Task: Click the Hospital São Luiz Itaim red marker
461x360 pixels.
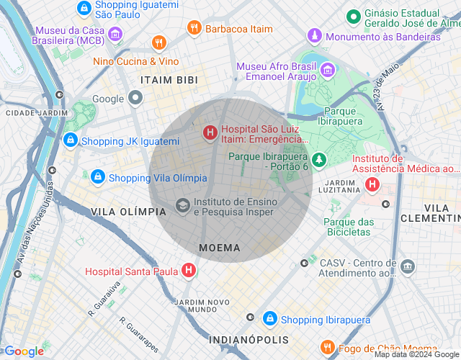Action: (210, 132)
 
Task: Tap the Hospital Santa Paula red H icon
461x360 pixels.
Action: (189, 271)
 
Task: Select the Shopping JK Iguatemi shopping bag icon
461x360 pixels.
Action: (70, 140)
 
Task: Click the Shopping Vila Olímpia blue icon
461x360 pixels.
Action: (97, 177)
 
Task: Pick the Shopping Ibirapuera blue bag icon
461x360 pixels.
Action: (269, 319)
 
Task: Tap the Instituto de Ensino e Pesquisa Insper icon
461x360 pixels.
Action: (183, 206)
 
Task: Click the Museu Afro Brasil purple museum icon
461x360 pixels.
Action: (328, 71)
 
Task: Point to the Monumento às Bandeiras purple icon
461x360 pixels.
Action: (314, 36)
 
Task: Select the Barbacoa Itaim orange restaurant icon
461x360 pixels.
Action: (193, 28)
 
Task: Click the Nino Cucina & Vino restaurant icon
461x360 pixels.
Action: (159, 44)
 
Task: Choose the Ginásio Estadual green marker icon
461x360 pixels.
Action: (353, 16)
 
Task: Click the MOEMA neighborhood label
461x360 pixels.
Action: (220, 248)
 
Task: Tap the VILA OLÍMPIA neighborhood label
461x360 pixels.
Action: (129, 212)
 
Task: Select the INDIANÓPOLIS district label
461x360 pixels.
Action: (249, 339)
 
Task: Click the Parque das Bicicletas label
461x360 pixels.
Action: (349, 227)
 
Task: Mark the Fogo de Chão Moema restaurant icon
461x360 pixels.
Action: (327, 348)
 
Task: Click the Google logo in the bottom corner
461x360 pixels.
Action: (24, 351)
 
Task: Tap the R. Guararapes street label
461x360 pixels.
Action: (139, 335)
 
